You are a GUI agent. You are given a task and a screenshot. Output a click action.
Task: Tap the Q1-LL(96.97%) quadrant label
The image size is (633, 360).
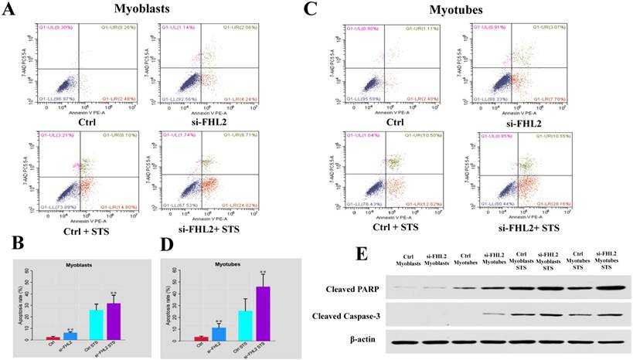pyautogui.click(x=56, y=100)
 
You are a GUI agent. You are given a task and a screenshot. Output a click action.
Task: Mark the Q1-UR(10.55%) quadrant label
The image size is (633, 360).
pyautogui.click(x=532, y=135)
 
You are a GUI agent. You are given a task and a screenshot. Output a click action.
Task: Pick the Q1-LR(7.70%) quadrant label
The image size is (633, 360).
pyautogui.click(x=532, y=100)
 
